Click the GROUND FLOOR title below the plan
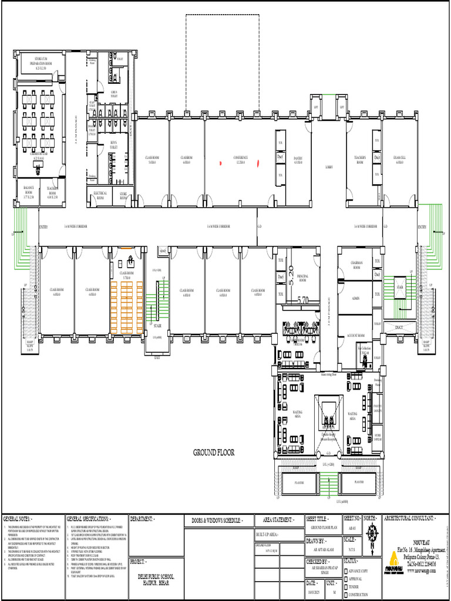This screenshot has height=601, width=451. [214, 453]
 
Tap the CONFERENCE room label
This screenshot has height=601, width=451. [241, 158]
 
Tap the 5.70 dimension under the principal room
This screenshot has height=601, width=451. [303, 300]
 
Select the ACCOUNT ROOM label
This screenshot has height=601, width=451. [356, 335]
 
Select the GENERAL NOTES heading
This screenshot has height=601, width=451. [19, 519]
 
